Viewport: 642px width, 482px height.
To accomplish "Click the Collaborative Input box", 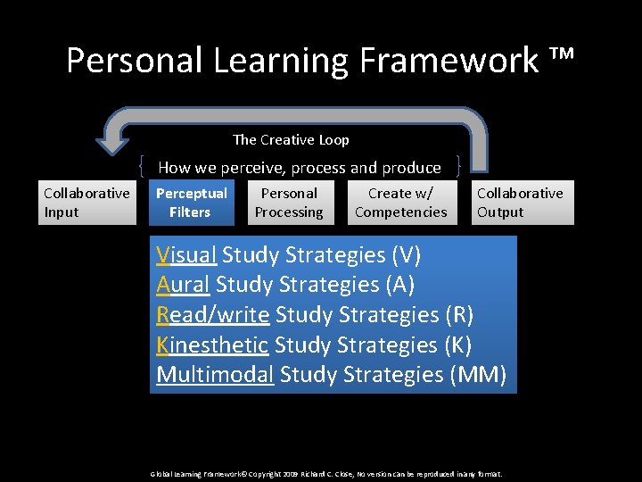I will pyautogui.click(x=86, y=203).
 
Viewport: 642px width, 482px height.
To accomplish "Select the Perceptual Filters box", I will pyautogui.click(x=191, y=203).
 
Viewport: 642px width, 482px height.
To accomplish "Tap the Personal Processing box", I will pyautogui.click(x=289, y=203).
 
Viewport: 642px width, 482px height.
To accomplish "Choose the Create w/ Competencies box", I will pyautogui.click(x=401, y=203).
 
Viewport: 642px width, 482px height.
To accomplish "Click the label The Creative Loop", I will pyautogui.click(x=291, y=139).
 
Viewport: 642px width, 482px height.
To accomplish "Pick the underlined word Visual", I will pyautogui.click(x=185, y=255).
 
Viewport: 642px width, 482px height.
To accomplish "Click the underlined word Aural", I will pyautogui.click(x=183, y=285).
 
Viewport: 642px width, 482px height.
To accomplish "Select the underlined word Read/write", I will pyautogui.click(x=212, y=315).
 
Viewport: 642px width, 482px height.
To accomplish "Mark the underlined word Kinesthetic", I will pyautogui.click(x=211, y=345).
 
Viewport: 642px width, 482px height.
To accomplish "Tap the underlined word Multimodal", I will pyautogui.click(x=214, y=375).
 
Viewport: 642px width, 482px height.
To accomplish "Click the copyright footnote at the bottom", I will pyautogui.click(x=326, y=474).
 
